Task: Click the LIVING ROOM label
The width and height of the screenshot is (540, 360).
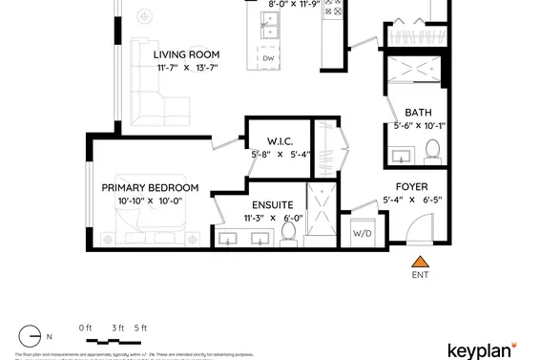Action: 187,54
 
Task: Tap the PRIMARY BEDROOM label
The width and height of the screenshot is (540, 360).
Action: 150,188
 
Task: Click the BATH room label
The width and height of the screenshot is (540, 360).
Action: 418,112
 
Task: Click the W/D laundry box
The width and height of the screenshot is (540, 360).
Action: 363,233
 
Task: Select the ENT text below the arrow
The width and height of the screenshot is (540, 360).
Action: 418,277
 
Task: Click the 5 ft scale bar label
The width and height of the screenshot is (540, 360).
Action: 141,328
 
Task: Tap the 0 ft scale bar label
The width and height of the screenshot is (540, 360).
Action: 85,328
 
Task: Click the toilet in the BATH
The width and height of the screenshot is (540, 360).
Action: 431,150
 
